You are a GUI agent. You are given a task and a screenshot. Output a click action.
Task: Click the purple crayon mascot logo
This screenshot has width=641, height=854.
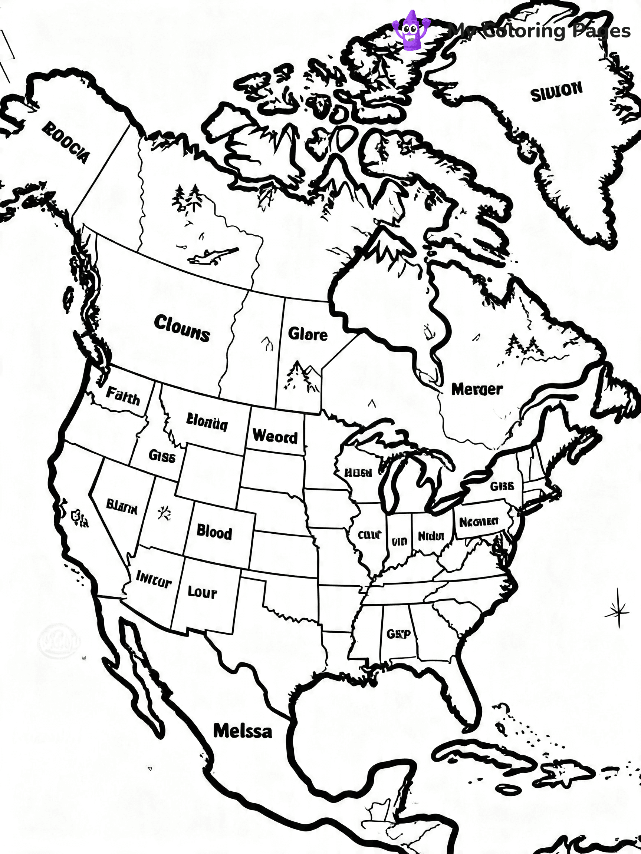pyautogui.click(x=411, y=30)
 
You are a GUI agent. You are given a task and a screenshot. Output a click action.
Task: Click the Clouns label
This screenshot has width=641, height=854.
pyautogui.click(x=182, y=328)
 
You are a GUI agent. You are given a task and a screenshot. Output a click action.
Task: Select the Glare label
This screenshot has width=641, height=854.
pyautogui.click(x=308, y=334)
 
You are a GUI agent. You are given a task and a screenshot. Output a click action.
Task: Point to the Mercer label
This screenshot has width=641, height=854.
pyautogui.click(x=477, y=389)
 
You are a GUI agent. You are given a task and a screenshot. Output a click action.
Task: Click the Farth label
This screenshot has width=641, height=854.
pyautogui.click(x=123, y=395)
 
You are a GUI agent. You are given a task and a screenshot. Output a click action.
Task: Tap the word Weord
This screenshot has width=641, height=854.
pyautogui.click(x=275, y=436)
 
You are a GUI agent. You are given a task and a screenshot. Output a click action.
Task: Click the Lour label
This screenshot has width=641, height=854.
pyautogui.click(x=202, y=592)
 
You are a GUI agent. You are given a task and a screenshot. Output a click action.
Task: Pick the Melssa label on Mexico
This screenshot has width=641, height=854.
pyautogui.click(x=243, y=731)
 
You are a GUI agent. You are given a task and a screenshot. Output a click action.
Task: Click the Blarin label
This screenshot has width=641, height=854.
pyautogui.click(x=122, y=507)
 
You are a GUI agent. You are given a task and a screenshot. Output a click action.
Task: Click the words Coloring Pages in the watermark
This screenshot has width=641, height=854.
pyautogui.click(x=556, y=31)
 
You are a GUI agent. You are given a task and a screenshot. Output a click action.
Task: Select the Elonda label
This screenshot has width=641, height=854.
pyautogui.click(x=207, y=422)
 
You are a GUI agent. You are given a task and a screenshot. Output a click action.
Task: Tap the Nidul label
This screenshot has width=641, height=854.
pyautogui.click(x=431, y=536)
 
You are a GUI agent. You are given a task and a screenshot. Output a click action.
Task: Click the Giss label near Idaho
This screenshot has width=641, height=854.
pyautogui.click(x=162, y=456)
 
